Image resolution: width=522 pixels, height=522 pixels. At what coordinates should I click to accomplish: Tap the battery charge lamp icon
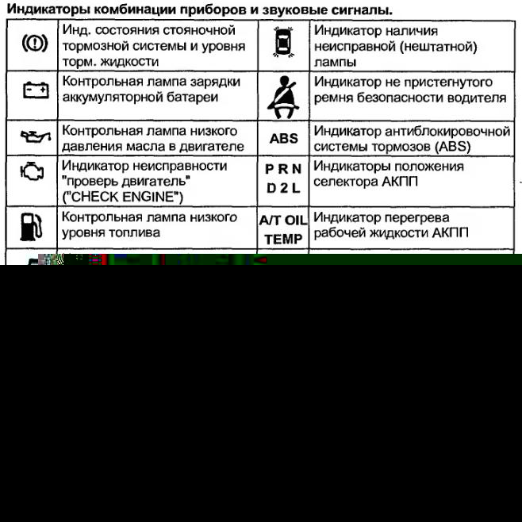pos(34,90)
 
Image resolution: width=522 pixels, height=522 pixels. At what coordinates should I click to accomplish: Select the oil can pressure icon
pos(34,138)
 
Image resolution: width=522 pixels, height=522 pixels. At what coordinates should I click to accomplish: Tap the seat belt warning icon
pos(282,94)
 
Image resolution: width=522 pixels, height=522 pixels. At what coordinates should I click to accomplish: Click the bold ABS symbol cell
pos(283,139)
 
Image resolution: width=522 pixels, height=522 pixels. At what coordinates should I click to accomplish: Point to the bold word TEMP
pos(283,239)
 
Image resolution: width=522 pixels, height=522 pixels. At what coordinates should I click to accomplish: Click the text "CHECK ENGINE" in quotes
pos(122,196)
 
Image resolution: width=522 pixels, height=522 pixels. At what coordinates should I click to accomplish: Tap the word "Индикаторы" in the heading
pos(47,10)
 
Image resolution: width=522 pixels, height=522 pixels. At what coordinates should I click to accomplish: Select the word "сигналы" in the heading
pos(363,10)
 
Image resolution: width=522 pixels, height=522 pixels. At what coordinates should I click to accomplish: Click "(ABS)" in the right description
pos(451,147)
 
